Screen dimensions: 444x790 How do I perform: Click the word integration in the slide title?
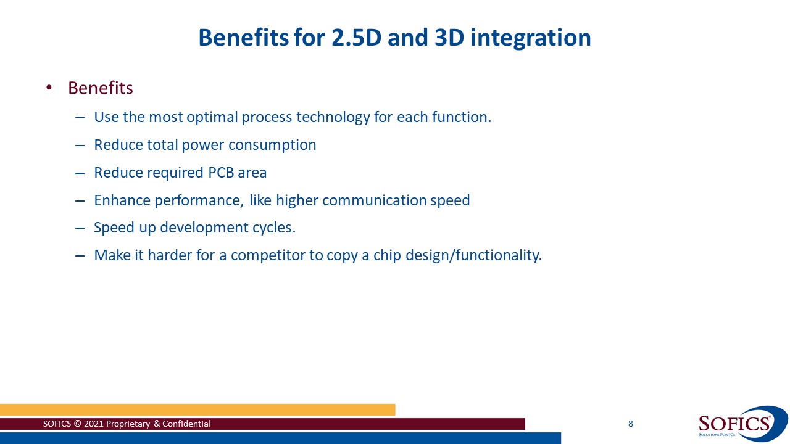[530, 38]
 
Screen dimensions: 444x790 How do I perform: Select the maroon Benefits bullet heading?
[101, 88]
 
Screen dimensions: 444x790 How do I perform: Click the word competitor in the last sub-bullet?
[268, 255]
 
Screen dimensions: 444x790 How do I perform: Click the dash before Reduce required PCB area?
[79, 173]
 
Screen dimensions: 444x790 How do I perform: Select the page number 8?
[630, 424]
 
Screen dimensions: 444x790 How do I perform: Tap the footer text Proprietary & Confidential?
[159, 424]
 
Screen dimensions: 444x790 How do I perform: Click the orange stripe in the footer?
[197, 409]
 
